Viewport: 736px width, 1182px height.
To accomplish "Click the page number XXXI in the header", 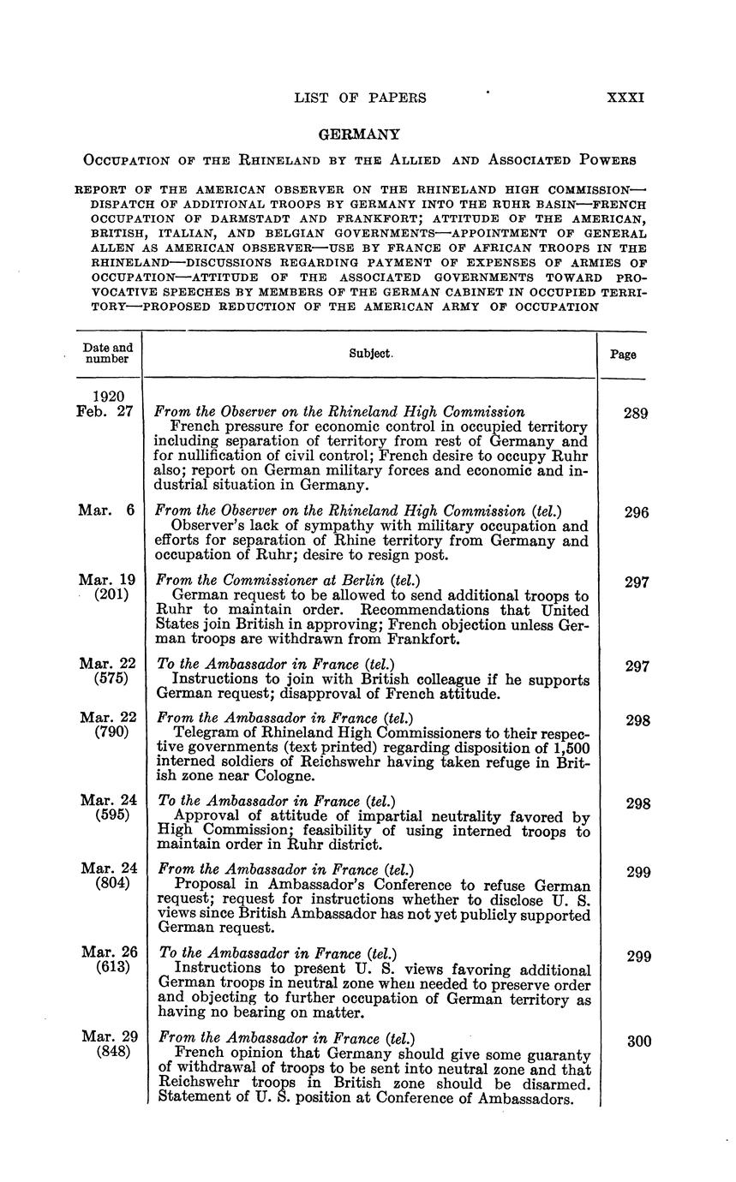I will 625,98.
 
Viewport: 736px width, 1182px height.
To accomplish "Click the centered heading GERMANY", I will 359,134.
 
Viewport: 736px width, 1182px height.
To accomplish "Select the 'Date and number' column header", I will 108,353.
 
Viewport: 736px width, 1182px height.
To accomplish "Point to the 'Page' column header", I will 623,354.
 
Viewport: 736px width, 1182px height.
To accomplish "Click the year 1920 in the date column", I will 111,397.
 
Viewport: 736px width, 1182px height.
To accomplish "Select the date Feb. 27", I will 106,412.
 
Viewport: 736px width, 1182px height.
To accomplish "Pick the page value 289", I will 636,413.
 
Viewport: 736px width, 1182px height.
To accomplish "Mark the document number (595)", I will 111,815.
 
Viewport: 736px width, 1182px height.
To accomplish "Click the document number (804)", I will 111,884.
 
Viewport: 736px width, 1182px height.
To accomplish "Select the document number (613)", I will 111,968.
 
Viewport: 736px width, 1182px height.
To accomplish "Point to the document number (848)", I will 111,1052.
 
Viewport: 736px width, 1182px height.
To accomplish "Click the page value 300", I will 639,1042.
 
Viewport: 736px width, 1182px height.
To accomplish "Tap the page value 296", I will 636,512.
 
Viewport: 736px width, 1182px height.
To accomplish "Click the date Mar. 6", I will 106,510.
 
